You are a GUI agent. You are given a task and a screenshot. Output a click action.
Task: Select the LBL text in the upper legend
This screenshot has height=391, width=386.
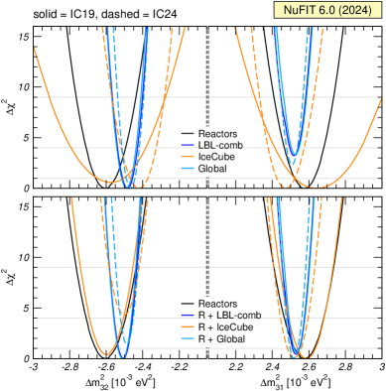point(207,146)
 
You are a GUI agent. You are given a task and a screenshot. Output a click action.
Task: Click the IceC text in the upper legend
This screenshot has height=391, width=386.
point(208,157)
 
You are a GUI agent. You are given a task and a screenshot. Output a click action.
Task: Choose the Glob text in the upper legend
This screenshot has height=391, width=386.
point(208,169)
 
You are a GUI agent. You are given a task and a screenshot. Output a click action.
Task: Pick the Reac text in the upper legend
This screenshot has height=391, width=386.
point(208,134)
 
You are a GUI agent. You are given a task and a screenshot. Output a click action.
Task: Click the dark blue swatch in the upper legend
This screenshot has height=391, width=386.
point(189,146)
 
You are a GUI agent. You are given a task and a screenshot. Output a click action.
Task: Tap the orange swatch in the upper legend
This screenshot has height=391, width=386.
point(189,157)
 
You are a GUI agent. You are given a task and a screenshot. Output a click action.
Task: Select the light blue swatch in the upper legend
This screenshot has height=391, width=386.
point(189,169)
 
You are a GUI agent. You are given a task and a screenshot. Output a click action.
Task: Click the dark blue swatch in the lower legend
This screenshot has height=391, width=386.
point(189,315)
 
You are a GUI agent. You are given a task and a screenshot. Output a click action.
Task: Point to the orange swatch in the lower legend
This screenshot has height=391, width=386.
point(189,326)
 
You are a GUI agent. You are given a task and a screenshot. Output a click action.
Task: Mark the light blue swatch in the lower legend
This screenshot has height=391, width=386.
point(189,338)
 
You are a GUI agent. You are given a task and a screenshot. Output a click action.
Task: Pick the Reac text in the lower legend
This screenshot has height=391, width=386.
point(208,303)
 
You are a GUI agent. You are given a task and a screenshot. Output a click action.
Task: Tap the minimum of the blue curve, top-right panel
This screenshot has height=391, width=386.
point(293,163)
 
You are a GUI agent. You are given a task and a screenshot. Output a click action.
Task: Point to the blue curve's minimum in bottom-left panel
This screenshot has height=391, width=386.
point(122,355)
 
